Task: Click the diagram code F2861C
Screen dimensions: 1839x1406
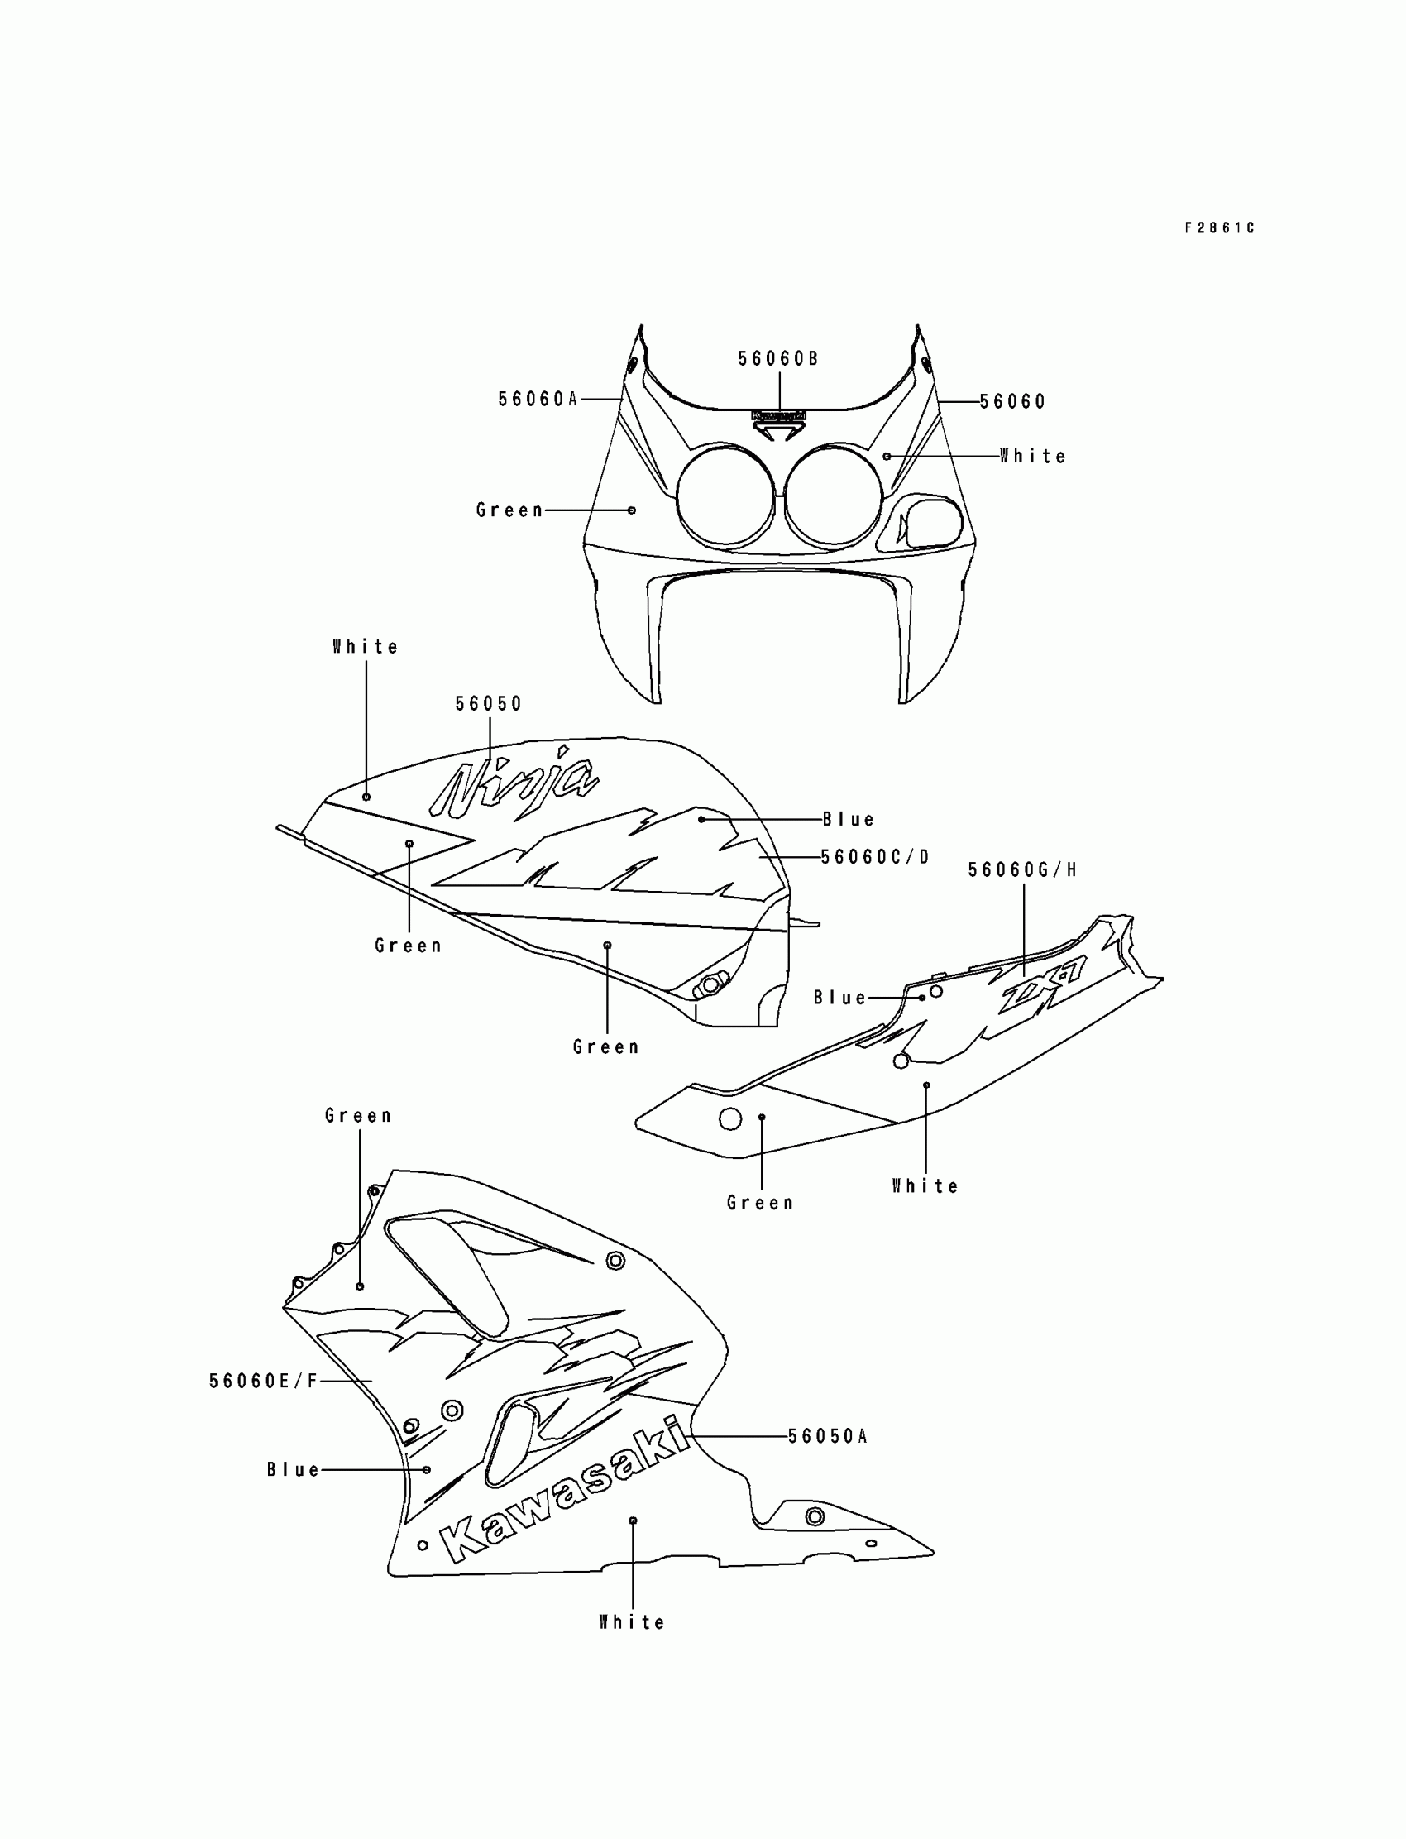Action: click(x=1218, y=227)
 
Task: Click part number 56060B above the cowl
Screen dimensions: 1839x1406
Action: click(x=777, y=359)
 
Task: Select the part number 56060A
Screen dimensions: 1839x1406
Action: click(x=538, y=400)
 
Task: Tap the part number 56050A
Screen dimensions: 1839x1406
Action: click(x=827, y=1436)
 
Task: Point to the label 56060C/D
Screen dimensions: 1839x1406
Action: click(x=874, y=857)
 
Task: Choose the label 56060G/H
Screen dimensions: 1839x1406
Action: click(x=1022, y=869)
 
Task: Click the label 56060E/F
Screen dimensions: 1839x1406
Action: click(x=264, y=1382)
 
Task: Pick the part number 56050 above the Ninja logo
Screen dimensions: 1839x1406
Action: click(x=488, y=704)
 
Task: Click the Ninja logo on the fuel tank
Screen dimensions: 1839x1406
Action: click(x=514, y=783)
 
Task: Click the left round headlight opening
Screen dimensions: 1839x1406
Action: click(x=725, y=497)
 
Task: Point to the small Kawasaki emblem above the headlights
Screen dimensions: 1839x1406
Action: click(x=778, y=415)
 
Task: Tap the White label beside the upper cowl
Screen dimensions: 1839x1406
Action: click(x=1033, y=456)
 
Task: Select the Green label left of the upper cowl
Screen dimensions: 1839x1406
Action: click(x=509, y=510)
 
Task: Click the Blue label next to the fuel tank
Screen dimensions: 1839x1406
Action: click(x=848, y=819)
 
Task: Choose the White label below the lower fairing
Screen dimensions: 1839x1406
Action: click(x=632, y=1622)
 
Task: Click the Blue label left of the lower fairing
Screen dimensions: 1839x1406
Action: click(x=293, y=1470)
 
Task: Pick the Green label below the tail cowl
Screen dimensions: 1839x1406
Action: click(x=759, y=1203)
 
